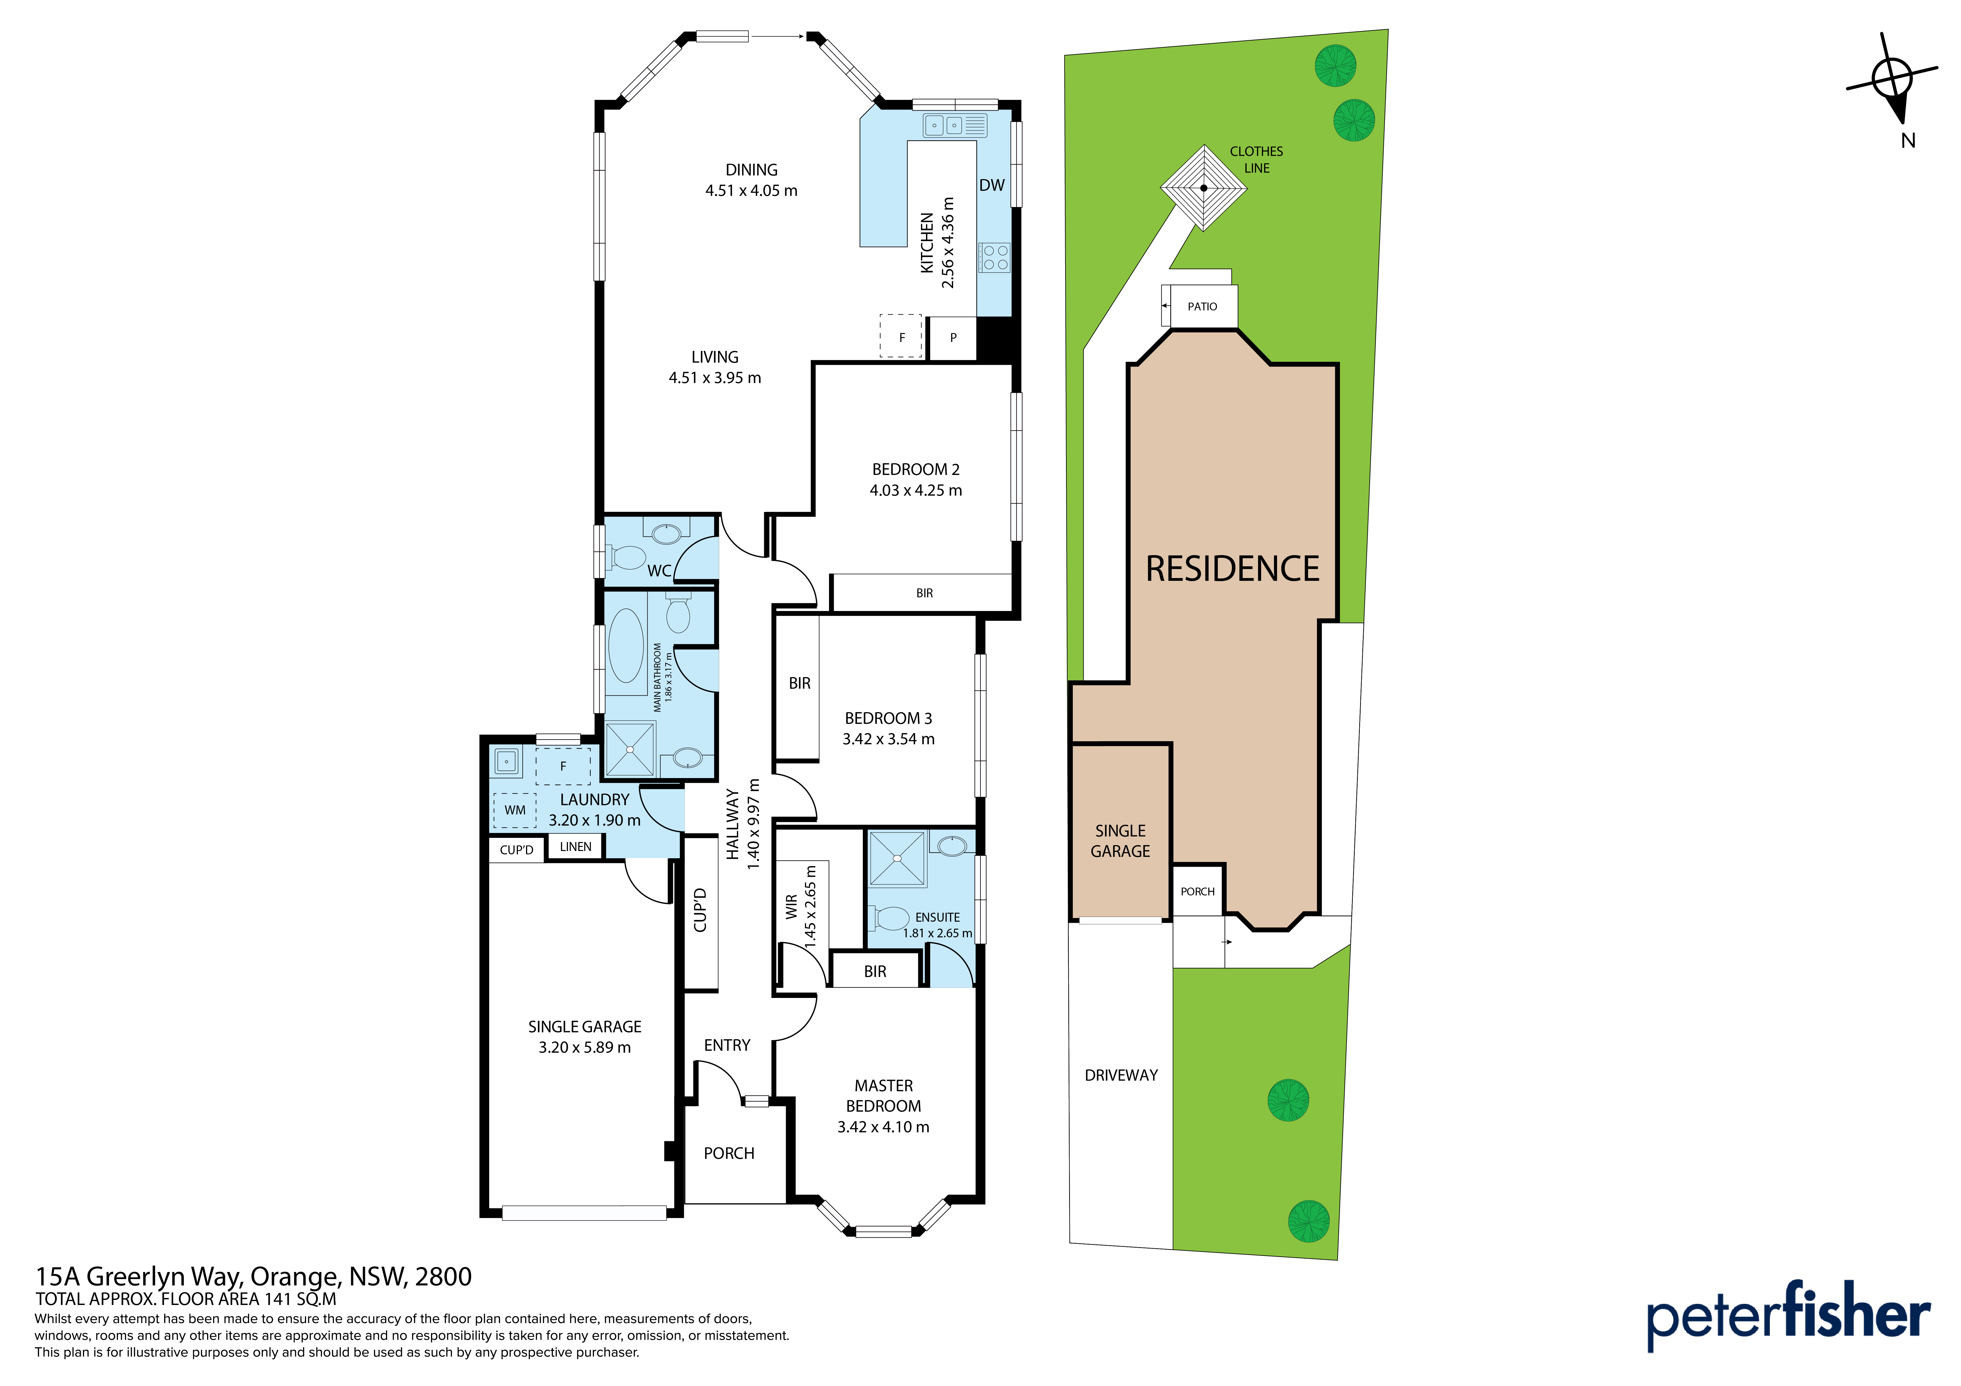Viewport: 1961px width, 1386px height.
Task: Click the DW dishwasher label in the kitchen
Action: (x=992, y=185)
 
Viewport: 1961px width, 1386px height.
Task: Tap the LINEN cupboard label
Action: (x=576, y=847)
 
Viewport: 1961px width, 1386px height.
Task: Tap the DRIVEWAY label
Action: (x=1121, y=1075)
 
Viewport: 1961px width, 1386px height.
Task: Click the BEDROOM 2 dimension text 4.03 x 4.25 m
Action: (x=916, y=490)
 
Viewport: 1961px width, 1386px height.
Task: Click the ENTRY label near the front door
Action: (x=727, y=1045)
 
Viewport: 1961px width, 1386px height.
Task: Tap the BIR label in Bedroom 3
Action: (x=799, y=683)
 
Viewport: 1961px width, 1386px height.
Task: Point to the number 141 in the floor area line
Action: (x=278, y=1299)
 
